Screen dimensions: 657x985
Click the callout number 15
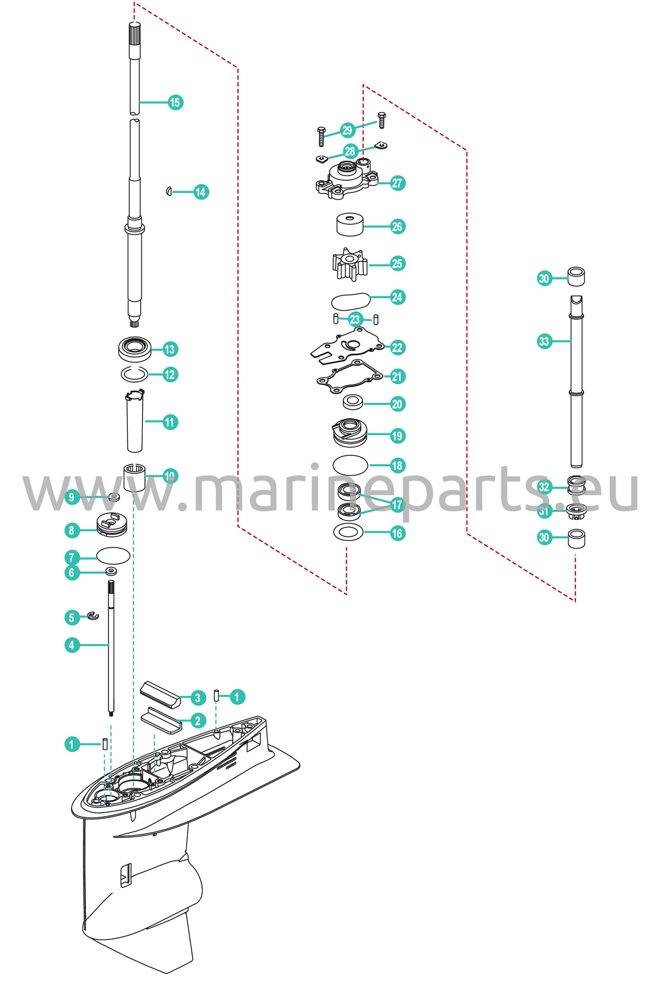(175, 102)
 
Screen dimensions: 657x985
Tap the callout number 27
(397, 183)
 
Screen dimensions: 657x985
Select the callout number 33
(544, 341)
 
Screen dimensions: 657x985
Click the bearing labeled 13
(135, 348)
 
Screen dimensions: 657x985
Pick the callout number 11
(170, 422)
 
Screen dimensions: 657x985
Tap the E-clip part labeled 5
(93, 616)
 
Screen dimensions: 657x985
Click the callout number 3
(198, 697)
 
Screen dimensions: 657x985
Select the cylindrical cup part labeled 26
(350, 224)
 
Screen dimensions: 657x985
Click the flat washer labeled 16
(348, 532)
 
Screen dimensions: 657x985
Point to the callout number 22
(397, 347)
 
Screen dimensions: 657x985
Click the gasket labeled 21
(350, 374)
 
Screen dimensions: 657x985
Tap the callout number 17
(397, 505)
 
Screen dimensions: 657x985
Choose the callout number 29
(347, 130)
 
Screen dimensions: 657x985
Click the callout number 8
(72, 530)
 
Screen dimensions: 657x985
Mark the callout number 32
(544, 487)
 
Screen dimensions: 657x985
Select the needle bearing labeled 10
(135, 477)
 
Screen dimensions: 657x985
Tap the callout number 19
(397, 436)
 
